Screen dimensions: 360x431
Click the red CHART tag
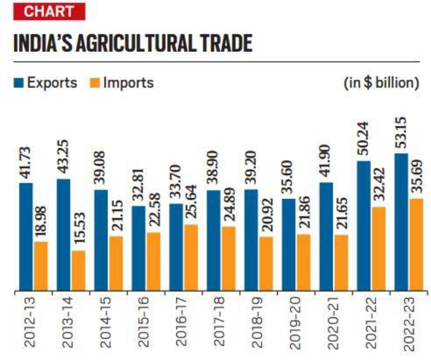[45, 11]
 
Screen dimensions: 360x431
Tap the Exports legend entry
[45, 83]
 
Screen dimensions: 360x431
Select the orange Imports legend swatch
[94, 83]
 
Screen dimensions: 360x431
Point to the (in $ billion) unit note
[382, 83]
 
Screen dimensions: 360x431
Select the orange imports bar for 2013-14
[78, 271]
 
